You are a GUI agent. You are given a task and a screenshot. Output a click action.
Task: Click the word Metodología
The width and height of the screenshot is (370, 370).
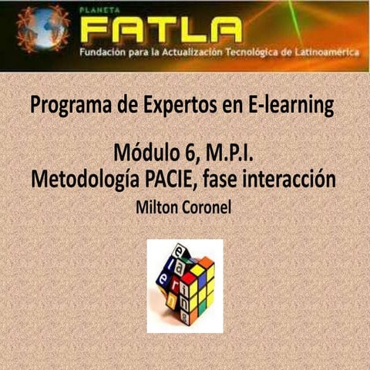(x=88, y=179)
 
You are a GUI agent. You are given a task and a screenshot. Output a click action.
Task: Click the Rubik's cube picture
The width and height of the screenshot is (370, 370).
(x=185, y=284)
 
